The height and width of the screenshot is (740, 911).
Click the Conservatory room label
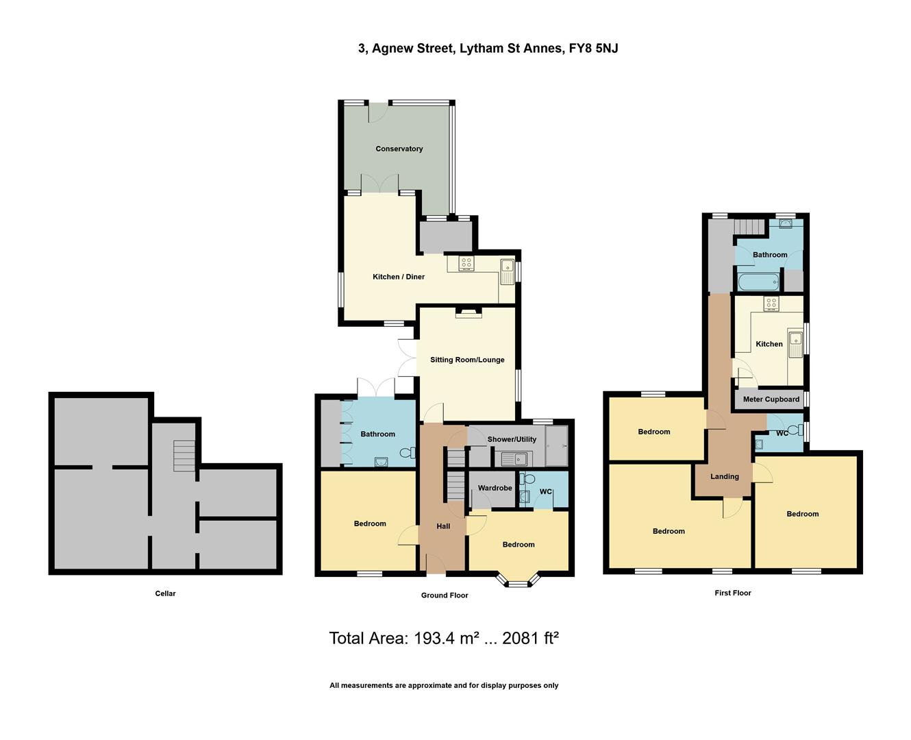(399, 149)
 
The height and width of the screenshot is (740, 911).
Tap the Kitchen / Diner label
(398, 277)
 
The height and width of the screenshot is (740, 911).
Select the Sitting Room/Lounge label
(467, 360)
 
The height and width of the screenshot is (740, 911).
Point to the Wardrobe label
(495, 488)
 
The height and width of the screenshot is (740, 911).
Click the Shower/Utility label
(512, 439)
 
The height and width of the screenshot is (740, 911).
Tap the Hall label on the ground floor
(443, 526)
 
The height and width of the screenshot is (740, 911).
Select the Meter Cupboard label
(771, 399)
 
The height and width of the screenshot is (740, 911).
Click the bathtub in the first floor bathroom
(758, 281)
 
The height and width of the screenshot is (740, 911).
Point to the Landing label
(724, 476)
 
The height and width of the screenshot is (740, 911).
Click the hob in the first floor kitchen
(771, 304)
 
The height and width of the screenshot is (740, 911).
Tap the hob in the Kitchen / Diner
(465, 263)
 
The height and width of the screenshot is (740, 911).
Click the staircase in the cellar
(184, 456)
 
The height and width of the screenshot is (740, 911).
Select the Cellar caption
(165, 593)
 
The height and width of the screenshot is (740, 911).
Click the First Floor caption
(732, 593)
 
